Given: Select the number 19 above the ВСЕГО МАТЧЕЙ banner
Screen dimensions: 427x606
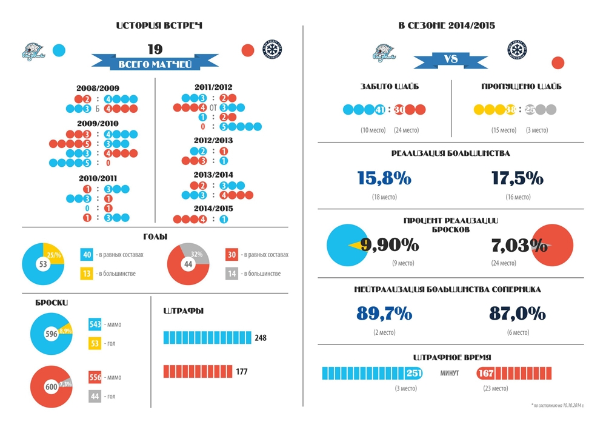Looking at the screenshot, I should [155, 49].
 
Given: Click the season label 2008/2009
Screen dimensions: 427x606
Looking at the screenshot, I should [98, 88].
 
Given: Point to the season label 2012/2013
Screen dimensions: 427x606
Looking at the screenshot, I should [213, 140].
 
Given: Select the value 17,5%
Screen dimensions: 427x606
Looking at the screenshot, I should [518, 178].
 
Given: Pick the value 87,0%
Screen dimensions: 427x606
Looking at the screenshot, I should [518, 313].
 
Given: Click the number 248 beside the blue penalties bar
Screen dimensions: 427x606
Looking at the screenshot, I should [261, 338].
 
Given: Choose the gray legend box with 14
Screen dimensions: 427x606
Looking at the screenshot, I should [233, 274].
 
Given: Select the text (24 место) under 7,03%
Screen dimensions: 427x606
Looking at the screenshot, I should [504, 263].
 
